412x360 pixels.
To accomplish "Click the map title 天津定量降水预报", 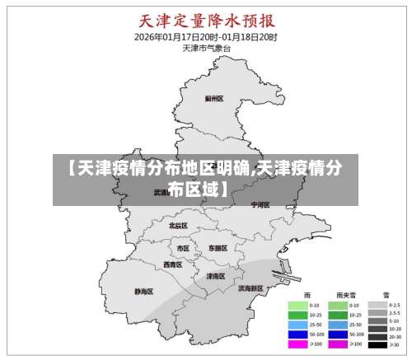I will click(206, 20).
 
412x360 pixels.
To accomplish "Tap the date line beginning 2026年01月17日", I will click(206, 37).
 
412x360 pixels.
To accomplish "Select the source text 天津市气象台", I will click(206, 49).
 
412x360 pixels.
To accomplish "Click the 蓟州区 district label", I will click(214, 98).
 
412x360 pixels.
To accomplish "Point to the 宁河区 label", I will click(260, 204).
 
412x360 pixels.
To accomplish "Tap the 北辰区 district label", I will click(178, 225).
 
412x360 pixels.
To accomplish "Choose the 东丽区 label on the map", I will click(218, 247).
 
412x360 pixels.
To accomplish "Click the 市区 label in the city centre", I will click(183, 247).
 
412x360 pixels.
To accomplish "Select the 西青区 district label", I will click(172, 264).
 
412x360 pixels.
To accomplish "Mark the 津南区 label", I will click(216, 276).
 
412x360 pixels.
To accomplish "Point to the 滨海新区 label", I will click(250, 288).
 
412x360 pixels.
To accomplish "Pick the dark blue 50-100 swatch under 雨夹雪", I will click(338, 334).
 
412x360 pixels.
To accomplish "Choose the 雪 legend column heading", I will click(384, 294).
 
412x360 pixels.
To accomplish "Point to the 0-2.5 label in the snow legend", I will click(393, 306).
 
